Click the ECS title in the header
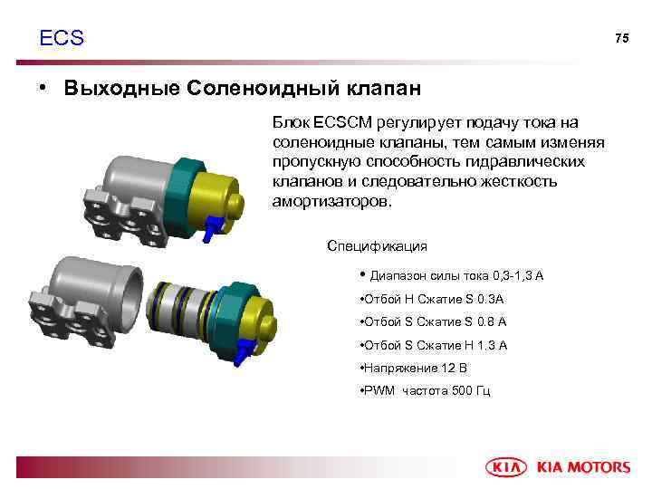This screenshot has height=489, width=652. (x=62, y=38)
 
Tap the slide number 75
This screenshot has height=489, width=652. (x=621, y=38)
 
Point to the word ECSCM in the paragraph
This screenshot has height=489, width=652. (x=340, y=122)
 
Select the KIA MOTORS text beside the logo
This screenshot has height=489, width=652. (x=584, y=467)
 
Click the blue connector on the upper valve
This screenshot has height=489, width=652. (x=208, y=229)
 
